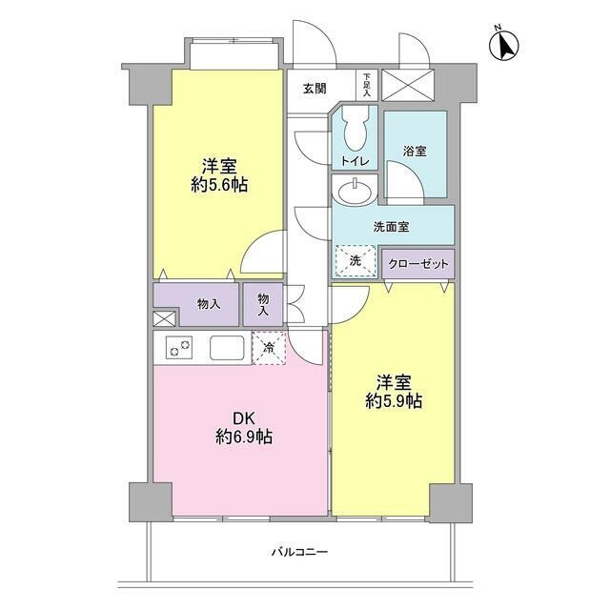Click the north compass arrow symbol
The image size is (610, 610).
[506, 44]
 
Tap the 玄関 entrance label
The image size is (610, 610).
[315, 89]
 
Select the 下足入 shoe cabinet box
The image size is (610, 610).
[367, 84]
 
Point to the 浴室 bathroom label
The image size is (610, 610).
[414, 151]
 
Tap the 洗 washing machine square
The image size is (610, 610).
[355, 260]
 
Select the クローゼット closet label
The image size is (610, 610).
[418, 262]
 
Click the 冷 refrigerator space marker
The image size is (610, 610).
[269, 348]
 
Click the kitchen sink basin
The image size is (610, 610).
[228, 348]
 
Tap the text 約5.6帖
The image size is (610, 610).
[219, 185]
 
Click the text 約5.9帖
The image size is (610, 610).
[393, 402]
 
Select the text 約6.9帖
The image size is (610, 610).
[244, 437]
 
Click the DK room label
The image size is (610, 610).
[244, 417]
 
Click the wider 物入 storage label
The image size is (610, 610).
[209, 304]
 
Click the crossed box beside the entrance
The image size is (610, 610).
[407, 84]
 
